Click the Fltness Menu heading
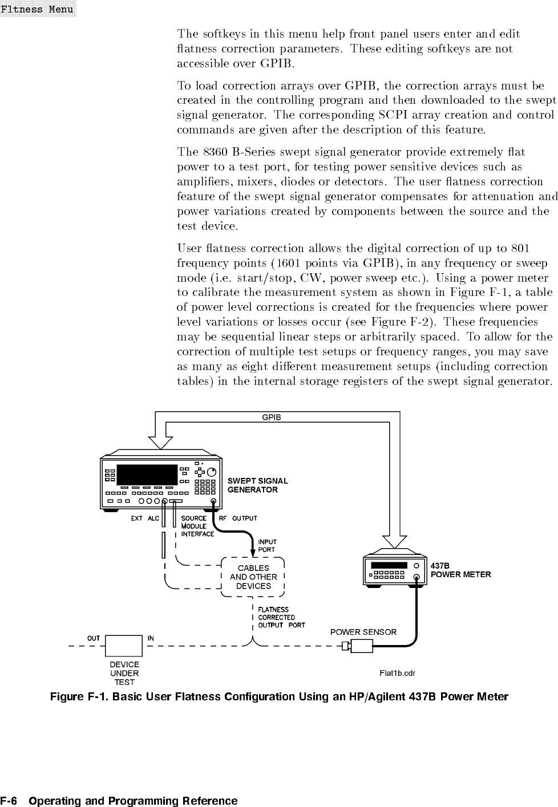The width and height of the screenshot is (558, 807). coord(37,9)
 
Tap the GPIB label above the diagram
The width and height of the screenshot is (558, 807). coord(271,417)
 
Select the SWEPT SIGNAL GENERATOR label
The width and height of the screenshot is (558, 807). coord(257,485)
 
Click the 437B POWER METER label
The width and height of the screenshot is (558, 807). coord(460,570)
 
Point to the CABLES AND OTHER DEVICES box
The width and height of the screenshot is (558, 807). coord(253,577)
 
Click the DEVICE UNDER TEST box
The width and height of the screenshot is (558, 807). coord(124,646)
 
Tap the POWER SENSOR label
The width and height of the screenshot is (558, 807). coord(363,632)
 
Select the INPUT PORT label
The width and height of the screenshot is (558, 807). coord(267,546)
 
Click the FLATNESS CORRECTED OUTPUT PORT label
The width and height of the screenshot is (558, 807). coord(281,617)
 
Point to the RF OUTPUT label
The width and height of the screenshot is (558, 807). coord(238,518)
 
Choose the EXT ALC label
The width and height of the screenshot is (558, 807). coord(145,518)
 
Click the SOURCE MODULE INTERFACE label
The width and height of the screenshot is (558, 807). coord(197,526)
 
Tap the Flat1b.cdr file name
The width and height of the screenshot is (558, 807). coord(397,673)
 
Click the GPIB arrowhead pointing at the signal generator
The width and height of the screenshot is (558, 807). coord(160,442)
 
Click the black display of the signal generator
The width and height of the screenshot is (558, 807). coord(147,473)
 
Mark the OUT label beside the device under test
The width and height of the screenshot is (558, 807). coord(94,638)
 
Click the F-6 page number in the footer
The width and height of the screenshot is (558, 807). coord(11,801)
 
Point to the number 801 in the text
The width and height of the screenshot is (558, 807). coord(521,248)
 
